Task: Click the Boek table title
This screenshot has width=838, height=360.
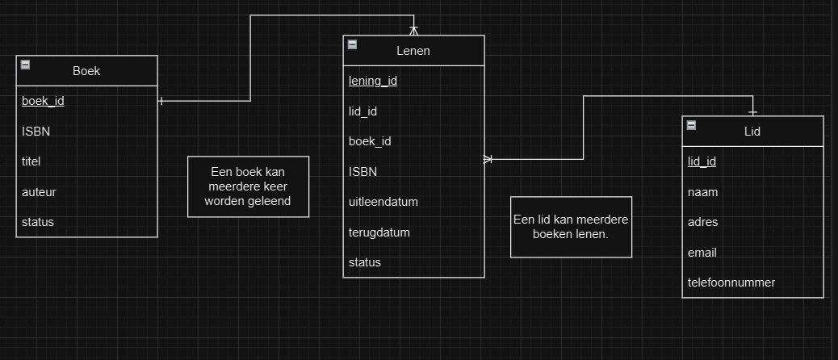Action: coord(86,71)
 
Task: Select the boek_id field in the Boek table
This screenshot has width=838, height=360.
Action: coord(43,101)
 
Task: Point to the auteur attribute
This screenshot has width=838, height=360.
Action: coord(39,192)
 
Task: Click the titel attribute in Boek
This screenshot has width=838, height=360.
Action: coord(31,161)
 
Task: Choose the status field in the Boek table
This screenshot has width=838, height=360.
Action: coord(38,222)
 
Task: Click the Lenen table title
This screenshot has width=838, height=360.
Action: coord(413,51)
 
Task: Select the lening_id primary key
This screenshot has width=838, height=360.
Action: coord(372,81)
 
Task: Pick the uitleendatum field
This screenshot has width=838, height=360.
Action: coord(383,201)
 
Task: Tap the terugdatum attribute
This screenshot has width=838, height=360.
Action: coord(379,232)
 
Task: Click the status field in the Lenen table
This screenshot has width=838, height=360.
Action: coord(365,262)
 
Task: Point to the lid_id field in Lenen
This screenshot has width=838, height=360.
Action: coord(362,111)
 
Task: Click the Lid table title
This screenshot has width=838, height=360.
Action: coord(752,131)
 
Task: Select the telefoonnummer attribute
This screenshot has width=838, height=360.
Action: coord(731,283)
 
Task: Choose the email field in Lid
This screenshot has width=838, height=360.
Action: coord(702,253)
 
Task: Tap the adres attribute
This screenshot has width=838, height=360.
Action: coord(702,222)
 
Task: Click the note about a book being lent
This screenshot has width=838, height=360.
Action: coord(248,186)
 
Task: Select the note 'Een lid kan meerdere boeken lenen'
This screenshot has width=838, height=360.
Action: coord(571,227)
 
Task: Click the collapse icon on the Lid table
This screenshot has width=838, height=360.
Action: coord(691,125)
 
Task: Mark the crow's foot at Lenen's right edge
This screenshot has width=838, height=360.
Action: coord(488,159)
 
